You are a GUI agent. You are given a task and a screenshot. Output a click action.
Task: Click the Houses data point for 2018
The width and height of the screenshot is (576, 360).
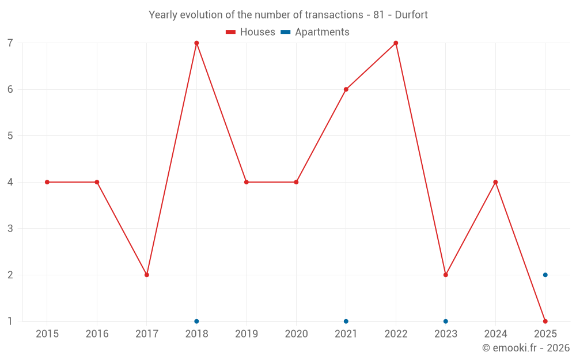click(x=196, y=43)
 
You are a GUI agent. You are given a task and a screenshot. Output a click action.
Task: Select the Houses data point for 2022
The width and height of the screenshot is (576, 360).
click(x=396, y=43)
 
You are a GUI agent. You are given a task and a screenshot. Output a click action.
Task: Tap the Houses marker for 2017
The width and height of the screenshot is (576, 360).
click(x=147, y=275)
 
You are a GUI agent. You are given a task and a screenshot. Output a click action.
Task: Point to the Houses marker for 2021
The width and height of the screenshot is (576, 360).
click(x=346, y=89)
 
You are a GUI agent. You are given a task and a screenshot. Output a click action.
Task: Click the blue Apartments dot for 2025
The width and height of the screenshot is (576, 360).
click(x=545, y=275)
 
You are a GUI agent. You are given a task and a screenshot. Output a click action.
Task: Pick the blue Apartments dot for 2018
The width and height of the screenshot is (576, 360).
click(x=196, y=321)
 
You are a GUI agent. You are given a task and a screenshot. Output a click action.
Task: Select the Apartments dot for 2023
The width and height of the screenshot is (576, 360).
click(x=446, y=321)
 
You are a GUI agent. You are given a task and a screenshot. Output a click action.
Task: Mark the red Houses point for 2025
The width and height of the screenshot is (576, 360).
click(x=545, y=321)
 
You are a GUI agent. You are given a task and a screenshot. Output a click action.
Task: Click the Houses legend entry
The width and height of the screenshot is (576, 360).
click(x=251, y=32)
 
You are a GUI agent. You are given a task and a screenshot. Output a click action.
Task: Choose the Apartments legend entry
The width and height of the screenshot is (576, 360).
click(x=315, y=32)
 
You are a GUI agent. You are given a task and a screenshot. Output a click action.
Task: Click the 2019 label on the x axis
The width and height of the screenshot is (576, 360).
click(x=247, y=334)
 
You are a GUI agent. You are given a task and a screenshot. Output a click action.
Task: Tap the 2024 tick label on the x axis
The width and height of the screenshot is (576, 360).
click(x=495, y=334)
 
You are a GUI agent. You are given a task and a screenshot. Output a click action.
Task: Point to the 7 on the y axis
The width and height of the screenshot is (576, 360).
click(x=10, y=43)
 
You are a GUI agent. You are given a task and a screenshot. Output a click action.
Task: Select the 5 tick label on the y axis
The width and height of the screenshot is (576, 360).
click(x=10, y=136)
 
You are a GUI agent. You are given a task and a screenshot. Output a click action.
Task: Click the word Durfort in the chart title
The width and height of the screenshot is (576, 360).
click(x=411, y=15)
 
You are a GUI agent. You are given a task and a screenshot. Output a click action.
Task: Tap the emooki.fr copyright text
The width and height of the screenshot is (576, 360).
click(x=526, y=348)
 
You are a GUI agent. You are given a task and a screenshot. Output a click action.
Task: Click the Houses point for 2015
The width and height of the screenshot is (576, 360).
click(x=47, y=182)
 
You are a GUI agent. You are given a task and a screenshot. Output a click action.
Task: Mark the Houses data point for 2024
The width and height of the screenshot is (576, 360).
click(x=495, y=182)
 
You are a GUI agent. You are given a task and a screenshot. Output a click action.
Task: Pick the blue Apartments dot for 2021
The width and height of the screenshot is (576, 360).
click(x=346, y=321)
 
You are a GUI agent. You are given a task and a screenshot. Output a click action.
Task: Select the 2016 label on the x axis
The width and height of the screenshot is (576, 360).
click(x=97, y=334)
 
